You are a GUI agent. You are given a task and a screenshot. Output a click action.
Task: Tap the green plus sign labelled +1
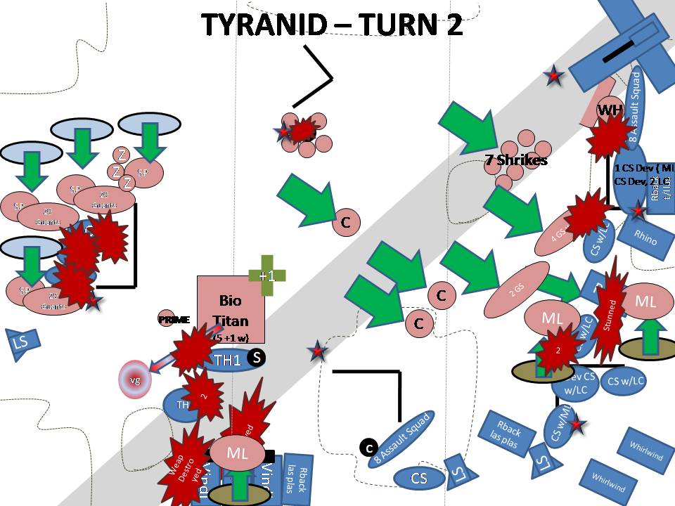click(266, 275)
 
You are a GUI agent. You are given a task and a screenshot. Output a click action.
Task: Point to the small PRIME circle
click(166, 319)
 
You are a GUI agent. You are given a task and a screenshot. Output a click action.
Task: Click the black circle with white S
click(257, 358)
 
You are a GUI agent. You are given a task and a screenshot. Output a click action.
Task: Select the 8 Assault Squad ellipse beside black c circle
click(401, 439)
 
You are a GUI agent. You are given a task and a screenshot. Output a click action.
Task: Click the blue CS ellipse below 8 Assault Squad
click(420, 479)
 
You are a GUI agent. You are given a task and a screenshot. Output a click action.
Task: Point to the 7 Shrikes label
click(516, 160)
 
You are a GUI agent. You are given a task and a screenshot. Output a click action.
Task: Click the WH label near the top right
click(607, 110)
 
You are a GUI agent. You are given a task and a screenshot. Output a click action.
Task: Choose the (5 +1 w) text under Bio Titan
click(230, 338)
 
